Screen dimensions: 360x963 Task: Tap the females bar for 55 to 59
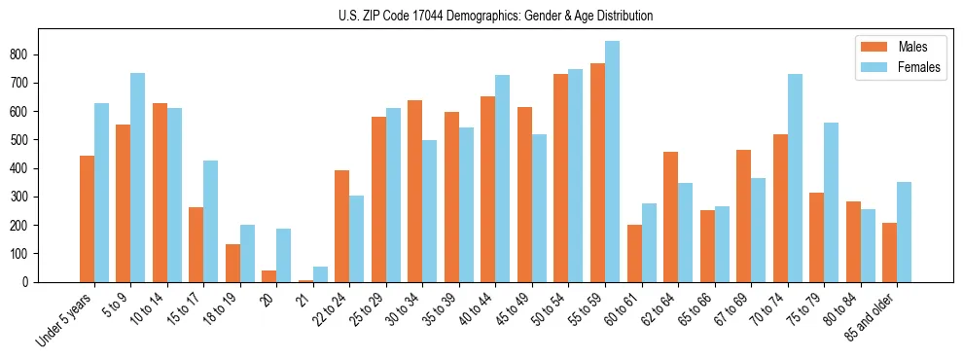point(612,162)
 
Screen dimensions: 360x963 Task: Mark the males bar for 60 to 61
point(634,253)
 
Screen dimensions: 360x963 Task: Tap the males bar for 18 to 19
point(232,263)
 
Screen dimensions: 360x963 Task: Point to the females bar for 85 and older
point(904,232)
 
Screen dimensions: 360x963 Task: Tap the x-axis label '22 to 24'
point(332,309)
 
